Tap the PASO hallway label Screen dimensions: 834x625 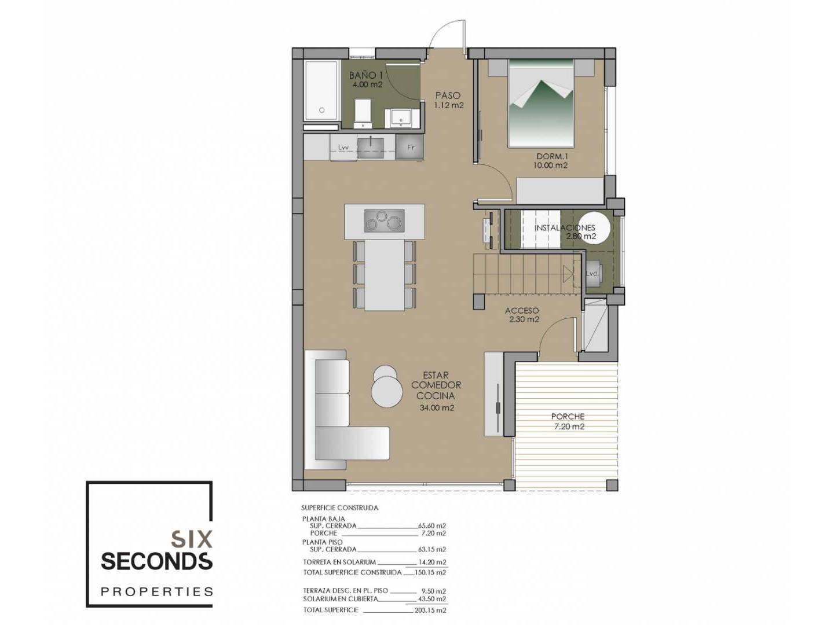tap(448, 95)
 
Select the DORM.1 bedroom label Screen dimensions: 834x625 tap(551, 156)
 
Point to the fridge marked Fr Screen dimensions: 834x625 tap(409, 147)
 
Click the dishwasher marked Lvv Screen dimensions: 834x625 tap(343, 148)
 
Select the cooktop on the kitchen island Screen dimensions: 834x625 tap(384, 220)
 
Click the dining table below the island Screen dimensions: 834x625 tap(385, 275)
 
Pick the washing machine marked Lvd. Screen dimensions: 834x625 tap(591, 273)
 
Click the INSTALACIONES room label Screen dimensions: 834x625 tap(565, 227)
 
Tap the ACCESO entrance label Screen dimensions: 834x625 tap(522, 310)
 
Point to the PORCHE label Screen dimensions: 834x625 tap(568, 416)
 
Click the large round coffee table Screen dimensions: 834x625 tap(386, 393)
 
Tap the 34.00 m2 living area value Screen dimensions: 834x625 tap(437, 408)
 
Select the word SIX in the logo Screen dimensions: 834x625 tap(192, 539)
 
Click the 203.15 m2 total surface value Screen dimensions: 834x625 tap(431, 610)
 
